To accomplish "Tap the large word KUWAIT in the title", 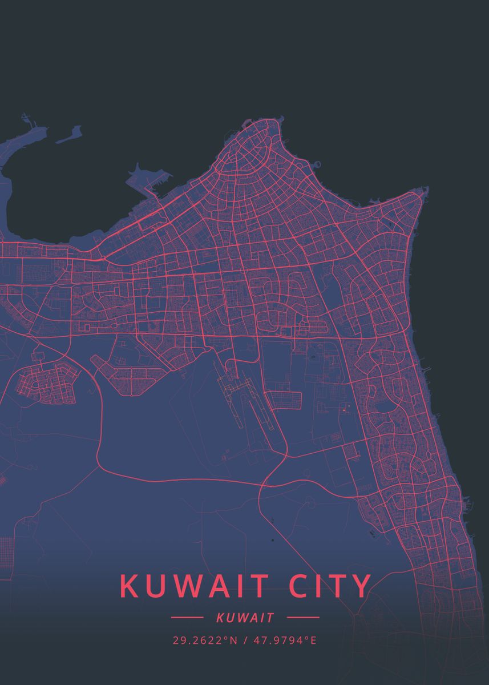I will click(194, 586).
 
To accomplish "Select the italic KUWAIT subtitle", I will click(245, 618).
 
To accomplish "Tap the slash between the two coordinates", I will click(245, 640).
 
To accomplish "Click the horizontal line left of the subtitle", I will click(187, 618).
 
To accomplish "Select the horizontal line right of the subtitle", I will click(303, 618).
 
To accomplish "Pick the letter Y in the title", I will click(361, 586).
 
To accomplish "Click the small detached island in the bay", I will click(69, 135).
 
